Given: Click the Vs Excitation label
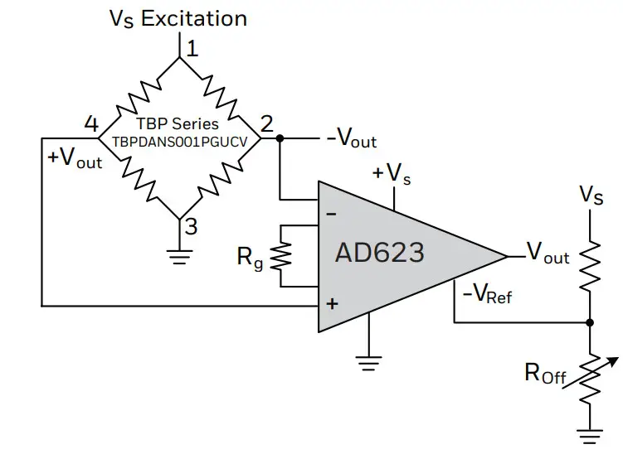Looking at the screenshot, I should (178, 18).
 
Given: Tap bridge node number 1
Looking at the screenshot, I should (192, 49).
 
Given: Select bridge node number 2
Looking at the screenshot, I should (266, 124).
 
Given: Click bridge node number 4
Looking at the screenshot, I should (91, 124).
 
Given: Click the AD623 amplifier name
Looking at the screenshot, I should (379, 252).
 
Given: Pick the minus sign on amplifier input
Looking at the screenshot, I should (331, 215).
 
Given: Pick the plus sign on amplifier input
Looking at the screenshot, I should (332, 304).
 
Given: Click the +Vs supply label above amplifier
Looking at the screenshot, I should (390, 174).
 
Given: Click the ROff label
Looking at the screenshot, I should (545, 374).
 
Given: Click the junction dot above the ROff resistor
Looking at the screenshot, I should (590, 322).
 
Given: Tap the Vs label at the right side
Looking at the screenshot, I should (591, 196).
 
